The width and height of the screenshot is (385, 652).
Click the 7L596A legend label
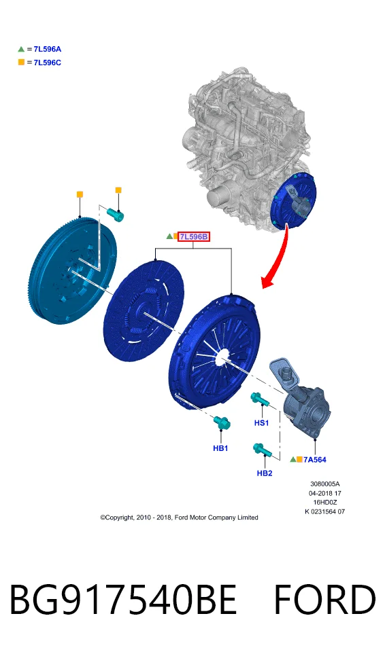pyautogui.click(x=47, y=49)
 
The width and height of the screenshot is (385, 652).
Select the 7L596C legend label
pyautogui.click(x=47, y=62)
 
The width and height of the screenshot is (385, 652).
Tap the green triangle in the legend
pyautogui.click(x=21, y=49)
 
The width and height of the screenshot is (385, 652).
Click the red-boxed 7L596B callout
pyautogui.click(x=193, y=236)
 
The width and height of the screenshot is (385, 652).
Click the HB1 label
pyautogui.click(x=220, y=448)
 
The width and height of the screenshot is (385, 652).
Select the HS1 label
pyautogui.click(x=261, y=423)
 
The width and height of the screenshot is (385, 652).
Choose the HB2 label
pyautogui.click(x=265, y=473)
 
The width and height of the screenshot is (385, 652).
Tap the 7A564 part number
pyautogui.click(x=314, y=460)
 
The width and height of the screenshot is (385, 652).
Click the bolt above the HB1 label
pyautogui.click(x=222, y=422)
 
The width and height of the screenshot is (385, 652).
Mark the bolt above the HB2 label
pyautogui.click(x=263, y=450)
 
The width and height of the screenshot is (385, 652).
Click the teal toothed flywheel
pyautogui.click(x=73, y=270)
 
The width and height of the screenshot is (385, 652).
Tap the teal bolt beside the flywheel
pyautogui.click(x=116, y=215)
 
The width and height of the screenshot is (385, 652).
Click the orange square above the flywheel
pyautogui.click(x=80, y=194)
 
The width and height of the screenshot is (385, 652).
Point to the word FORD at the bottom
pyautogui.click(x=325, y=599)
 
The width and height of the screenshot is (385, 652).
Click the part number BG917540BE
pyautogui.click(x=123, y=599)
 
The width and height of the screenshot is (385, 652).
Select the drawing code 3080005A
pyautogui.click(x=325, y=484)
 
